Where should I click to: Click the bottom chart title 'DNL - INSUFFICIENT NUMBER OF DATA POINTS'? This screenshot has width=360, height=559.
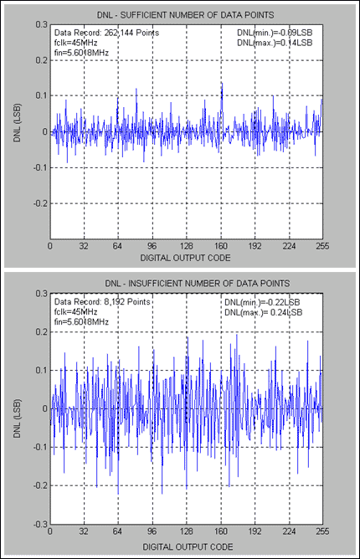click(x=187, y=283)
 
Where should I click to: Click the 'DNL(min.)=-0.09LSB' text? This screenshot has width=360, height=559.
click(x=277, y=32)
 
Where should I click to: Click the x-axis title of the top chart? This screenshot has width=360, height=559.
click(x=187, y=259)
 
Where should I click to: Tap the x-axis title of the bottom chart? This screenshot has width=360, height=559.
click(x=187, y=546)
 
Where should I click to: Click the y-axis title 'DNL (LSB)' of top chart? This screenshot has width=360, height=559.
click(x=18, y=131)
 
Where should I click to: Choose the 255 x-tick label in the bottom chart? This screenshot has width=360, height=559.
click(x=322, y=531)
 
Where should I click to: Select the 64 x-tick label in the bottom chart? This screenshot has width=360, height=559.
click(x=118, y=531)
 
